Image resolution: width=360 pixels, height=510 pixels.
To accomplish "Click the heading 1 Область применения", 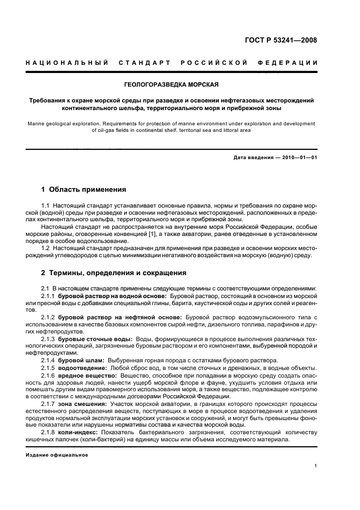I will tap(84, 190).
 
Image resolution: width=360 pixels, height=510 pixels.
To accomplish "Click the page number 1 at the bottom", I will tap(315, 465).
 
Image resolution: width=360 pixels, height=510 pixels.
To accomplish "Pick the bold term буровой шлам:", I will tap(81, 360).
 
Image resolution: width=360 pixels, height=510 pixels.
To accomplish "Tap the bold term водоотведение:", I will tap(82, 368).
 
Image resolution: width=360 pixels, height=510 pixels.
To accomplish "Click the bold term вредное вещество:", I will tap(87, 377).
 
